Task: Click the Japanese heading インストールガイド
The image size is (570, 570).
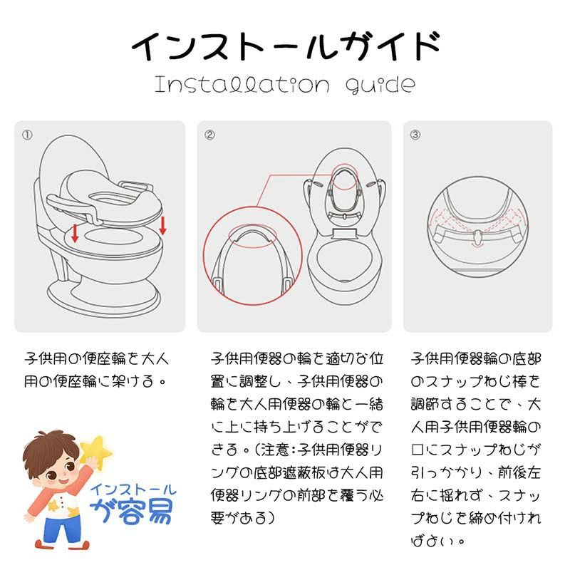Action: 286,46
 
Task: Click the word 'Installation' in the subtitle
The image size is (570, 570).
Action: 242,85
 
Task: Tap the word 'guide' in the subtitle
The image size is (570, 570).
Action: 380,85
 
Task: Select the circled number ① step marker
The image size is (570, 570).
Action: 27,135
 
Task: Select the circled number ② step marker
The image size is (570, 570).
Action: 209,135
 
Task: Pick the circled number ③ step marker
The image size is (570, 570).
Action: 415,135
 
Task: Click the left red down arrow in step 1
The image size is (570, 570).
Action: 75,233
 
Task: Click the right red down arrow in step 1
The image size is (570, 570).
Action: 162,225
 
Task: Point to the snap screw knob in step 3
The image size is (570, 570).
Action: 477,237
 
